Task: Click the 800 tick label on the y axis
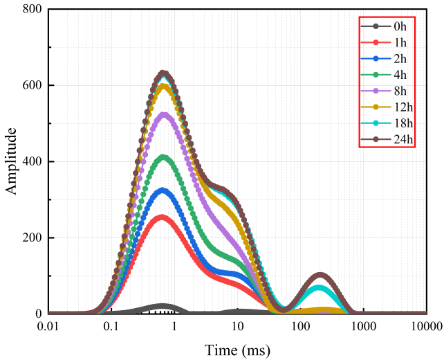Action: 32,10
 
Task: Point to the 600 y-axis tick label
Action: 32,86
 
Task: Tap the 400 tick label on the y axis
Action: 32,162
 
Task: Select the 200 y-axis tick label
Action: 32,238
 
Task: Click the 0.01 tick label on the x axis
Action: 48,326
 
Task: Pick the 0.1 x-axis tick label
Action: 111,326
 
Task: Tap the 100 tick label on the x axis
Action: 301,326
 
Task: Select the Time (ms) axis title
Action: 237,348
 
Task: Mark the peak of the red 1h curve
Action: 162,217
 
